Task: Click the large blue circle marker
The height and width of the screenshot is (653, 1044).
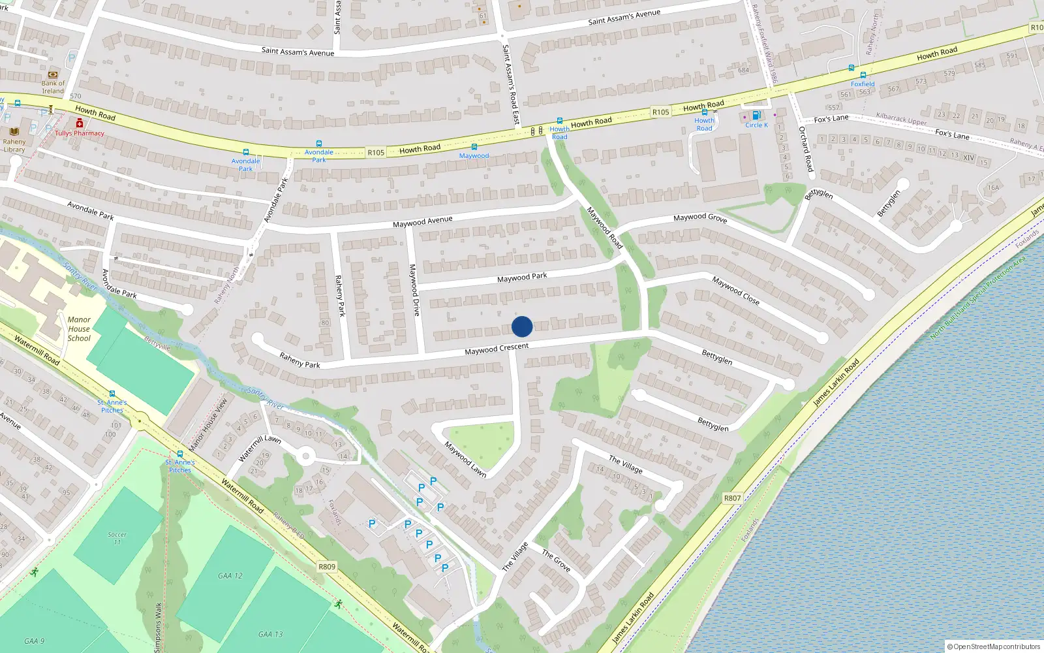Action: coord(522,326)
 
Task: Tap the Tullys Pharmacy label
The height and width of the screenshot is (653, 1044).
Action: coord(80,133)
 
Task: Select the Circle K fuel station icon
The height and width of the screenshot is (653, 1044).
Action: coord(756,116)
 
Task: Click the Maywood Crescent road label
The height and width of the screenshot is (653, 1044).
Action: coord(497,349)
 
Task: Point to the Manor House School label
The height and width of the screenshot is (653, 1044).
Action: coord(79,329)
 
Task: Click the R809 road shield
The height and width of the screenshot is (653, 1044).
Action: coord(327,566)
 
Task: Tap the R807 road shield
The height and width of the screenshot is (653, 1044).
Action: coord(732,498)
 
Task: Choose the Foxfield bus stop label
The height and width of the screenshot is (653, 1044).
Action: coord(863,84)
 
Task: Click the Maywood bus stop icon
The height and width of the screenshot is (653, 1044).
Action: coord(474,147)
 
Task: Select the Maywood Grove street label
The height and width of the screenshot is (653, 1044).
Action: coord(699,217)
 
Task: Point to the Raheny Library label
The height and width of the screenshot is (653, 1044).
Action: coord(14,146)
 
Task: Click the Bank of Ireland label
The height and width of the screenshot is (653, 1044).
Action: coord(53,87)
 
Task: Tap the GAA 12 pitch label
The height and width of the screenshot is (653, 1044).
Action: coord(230,576)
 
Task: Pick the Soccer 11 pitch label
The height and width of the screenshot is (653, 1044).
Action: coord(117,538)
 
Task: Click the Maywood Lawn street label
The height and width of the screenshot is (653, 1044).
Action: coord(465,459)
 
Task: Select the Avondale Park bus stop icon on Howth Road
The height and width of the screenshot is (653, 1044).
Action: coord(246,152)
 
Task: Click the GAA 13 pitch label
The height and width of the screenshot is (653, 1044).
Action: coord(270,634)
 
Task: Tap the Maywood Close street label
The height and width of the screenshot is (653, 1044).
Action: coord(735,291)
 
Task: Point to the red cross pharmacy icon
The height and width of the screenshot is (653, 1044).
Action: coord(80,123)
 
